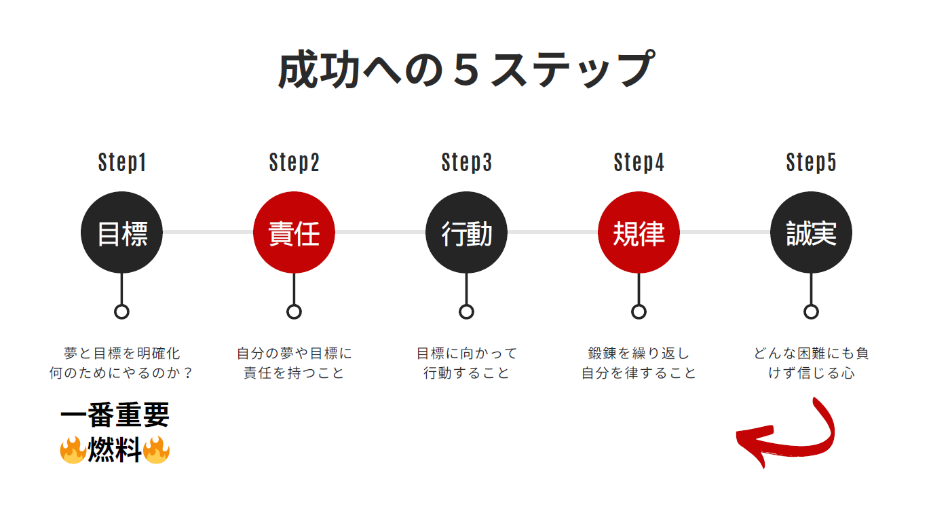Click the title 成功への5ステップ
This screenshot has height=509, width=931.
[465, 69]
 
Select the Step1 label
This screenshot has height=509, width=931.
[122, 163]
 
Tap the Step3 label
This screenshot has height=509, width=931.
[466, 163]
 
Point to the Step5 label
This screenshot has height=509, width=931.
[811, 163]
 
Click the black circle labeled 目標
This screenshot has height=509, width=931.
[121, 233]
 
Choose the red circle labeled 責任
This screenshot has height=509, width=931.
[294, 233]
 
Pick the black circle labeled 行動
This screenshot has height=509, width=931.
[466, 233]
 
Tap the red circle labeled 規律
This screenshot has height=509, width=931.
[639, 233]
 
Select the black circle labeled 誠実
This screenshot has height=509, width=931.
[811, 233]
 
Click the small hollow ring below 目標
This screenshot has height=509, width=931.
[121, 312]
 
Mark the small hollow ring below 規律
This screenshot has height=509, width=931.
[639, 312]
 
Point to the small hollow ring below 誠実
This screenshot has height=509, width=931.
[811, 312]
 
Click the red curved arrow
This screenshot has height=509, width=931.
[787, 438]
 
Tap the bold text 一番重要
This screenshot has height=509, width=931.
[115, 415]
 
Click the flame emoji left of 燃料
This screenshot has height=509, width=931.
[73, 450]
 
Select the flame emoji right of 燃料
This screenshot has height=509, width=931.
[156, 450]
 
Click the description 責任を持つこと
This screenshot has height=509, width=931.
[294, 373]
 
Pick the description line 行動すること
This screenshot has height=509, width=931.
[466, 373]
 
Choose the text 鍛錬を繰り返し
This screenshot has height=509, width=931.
[639, 354]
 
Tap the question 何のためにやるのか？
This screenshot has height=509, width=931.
[121, 373]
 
